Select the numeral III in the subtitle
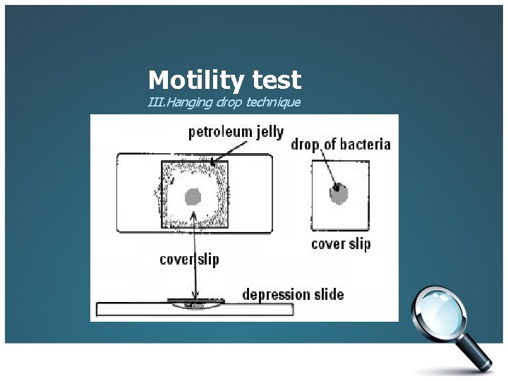(155, 103)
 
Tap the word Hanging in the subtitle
(186, 103)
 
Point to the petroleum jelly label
(236, 132)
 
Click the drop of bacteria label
(340, 145)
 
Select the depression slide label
(293, 294)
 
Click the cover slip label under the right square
(341, 244)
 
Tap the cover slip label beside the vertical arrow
(189, 259)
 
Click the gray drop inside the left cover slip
(193, 197)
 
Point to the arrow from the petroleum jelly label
(229, 152)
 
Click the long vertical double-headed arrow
(194, 261)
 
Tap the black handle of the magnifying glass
(480, 356)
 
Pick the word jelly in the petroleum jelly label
(269, 132)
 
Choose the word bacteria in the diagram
(365, 145)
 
